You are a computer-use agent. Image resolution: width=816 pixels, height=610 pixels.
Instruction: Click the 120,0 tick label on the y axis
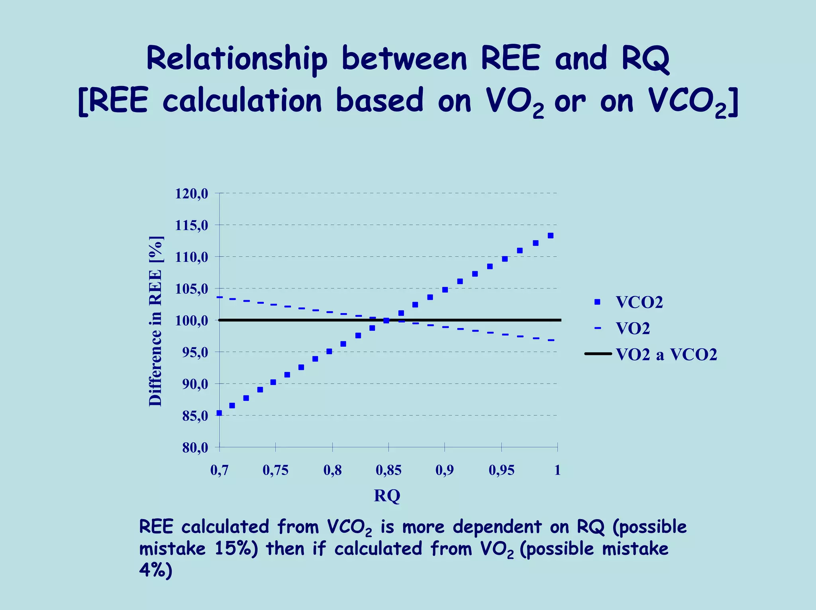191,194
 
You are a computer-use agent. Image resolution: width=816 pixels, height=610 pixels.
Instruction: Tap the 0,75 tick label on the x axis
275,471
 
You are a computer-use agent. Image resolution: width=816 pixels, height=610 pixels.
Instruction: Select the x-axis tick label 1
557,471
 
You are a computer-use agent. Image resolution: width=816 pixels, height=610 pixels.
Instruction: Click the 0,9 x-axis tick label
444,471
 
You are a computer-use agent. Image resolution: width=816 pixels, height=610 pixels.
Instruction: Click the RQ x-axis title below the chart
387,496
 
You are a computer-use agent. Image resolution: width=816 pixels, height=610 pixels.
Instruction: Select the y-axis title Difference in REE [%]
156,321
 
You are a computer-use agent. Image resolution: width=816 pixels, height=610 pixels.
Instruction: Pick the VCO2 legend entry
639,302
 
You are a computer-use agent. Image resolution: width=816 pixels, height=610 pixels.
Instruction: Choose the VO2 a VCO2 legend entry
666,354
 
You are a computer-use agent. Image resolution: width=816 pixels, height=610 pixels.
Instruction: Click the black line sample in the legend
598,353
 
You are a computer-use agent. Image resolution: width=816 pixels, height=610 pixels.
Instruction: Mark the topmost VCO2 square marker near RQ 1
550,235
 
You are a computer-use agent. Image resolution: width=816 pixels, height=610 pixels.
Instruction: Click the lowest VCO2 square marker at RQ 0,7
219,413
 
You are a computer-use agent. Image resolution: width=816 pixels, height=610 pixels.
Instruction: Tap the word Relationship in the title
237,59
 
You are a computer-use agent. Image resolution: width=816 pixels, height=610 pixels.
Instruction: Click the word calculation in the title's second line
242,100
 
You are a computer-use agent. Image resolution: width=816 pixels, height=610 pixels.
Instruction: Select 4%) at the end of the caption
155,571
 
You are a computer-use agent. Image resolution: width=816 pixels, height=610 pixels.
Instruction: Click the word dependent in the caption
497,527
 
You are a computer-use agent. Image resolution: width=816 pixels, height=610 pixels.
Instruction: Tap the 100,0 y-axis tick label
191,321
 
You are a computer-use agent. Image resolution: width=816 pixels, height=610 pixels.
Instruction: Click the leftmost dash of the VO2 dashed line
220,297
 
